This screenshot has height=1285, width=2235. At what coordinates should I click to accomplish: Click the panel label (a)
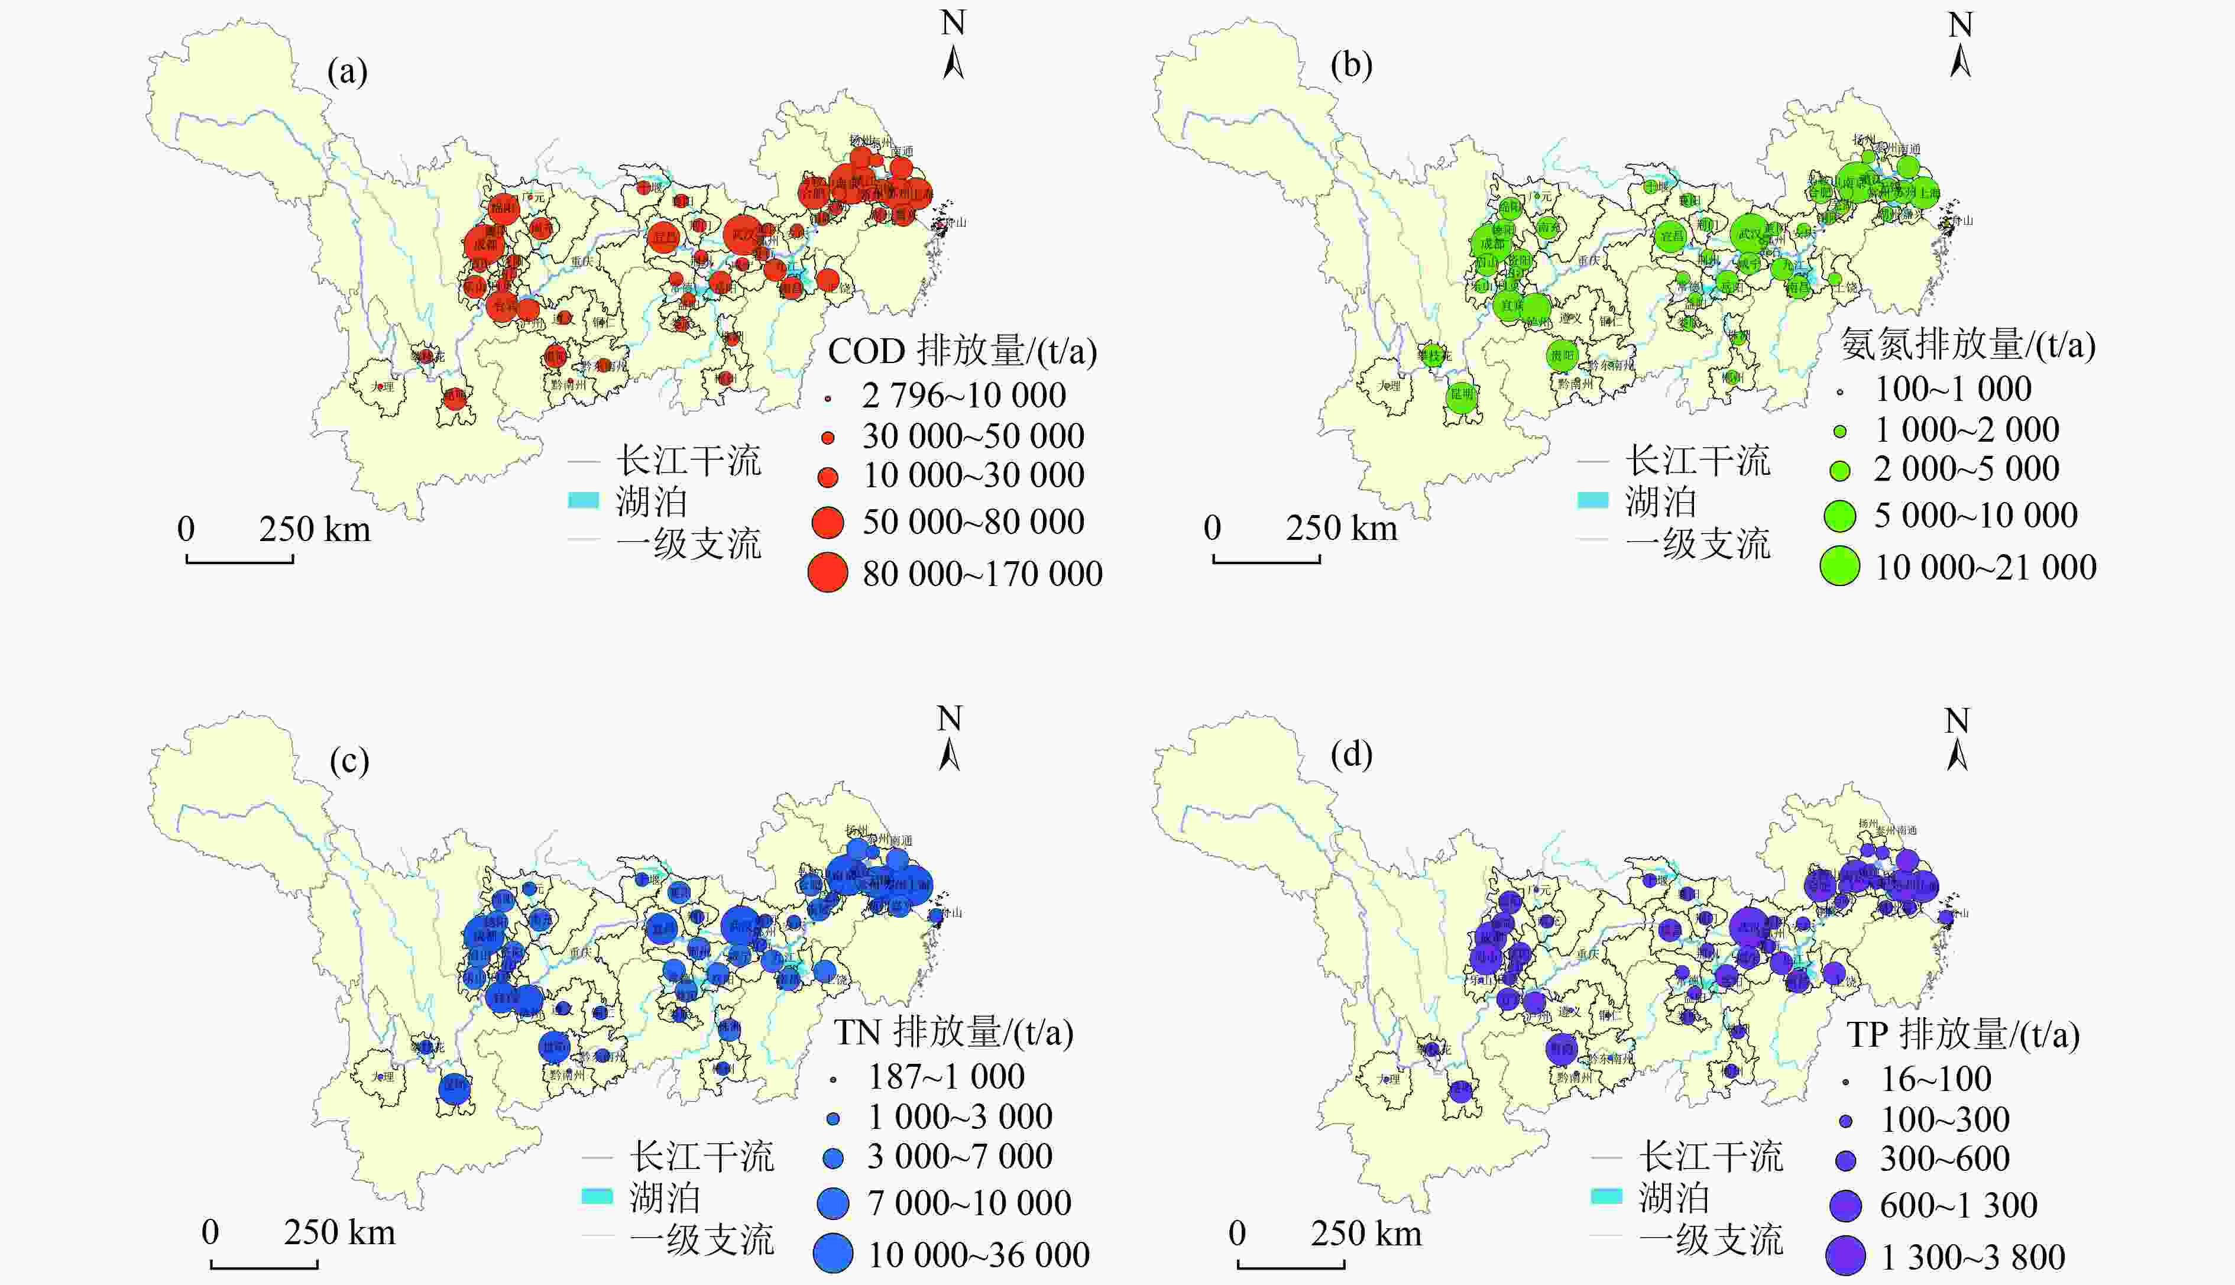tap(346, 72)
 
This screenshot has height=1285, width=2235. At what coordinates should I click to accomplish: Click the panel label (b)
tap(1351, 65)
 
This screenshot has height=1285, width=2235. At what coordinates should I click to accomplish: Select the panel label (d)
tap(1351, 755)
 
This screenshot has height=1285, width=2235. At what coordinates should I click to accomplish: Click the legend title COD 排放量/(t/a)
tap(962, 351)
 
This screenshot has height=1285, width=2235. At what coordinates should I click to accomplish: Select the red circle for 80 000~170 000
tap(828, 573)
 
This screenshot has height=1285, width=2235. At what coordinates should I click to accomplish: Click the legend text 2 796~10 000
tap(964, 396)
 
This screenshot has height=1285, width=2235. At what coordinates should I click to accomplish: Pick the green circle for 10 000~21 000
tap(1839, 567)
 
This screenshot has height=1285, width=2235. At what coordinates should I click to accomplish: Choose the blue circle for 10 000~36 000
tap(833, 1253)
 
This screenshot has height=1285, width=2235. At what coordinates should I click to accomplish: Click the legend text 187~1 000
tap(946, 1077)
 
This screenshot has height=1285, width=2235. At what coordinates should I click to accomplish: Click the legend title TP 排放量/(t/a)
tap(1962, 1034)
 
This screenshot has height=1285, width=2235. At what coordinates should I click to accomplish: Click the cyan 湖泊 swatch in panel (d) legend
tap(1606, 1197)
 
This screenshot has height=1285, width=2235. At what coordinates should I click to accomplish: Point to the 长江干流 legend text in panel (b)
tap(1698, 461)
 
